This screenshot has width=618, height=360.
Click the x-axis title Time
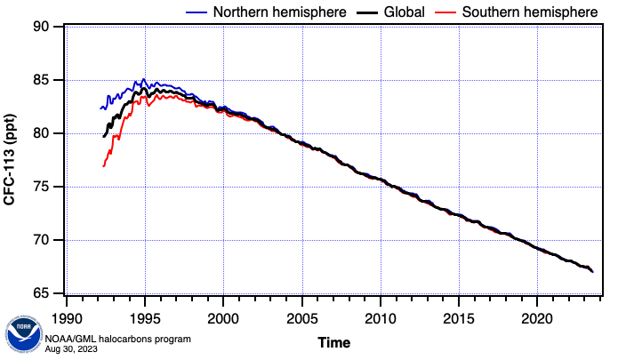[x=334, y=342]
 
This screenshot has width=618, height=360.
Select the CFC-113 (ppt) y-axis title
[x=10, y=161]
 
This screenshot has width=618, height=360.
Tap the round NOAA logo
[x=22, y=336]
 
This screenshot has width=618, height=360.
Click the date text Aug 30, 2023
[x=72, y=348]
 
